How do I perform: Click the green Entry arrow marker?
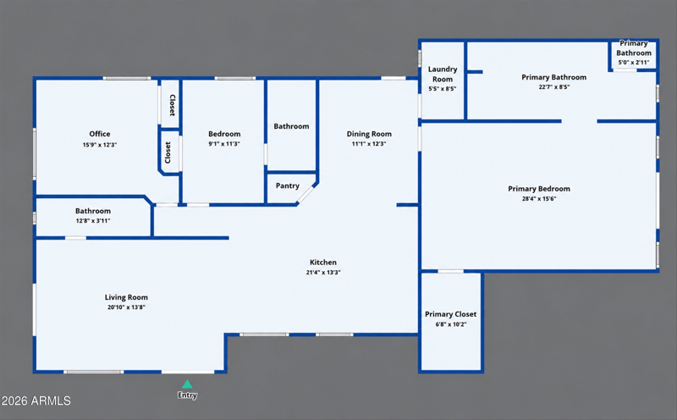click(x=187, y=384)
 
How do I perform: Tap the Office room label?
click(x=100, y=134)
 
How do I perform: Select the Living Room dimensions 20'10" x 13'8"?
click(x=126, y=307)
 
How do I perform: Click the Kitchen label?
click(x=323, y=262)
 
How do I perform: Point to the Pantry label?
click(x=288, y=185)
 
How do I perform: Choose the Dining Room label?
click(x=369, y=134)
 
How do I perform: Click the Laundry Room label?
click(x=443, y=74)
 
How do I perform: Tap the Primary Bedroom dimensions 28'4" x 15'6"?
click(x=539, y=199)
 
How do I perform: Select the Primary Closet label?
click(x=451, y=314)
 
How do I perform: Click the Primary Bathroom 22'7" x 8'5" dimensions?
click(x=554, y=87)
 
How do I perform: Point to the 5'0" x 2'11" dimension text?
click(x=634, y=62)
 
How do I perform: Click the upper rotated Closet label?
click(x=173, y=105)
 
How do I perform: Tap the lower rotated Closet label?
click(x=168, y=152)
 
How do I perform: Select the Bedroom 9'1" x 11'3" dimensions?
click(x=224, y=144)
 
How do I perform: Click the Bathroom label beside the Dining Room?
click(x=291, y=126)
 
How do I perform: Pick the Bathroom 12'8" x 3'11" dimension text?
click(x=93, y=221)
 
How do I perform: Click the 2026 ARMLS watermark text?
click(x=36, y=401)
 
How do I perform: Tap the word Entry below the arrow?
click(x=187, y=395)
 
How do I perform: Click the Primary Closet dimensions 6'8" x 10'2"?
click(x=451, y=324)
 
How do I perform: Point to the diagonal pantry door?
click(x=305, y=194)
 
